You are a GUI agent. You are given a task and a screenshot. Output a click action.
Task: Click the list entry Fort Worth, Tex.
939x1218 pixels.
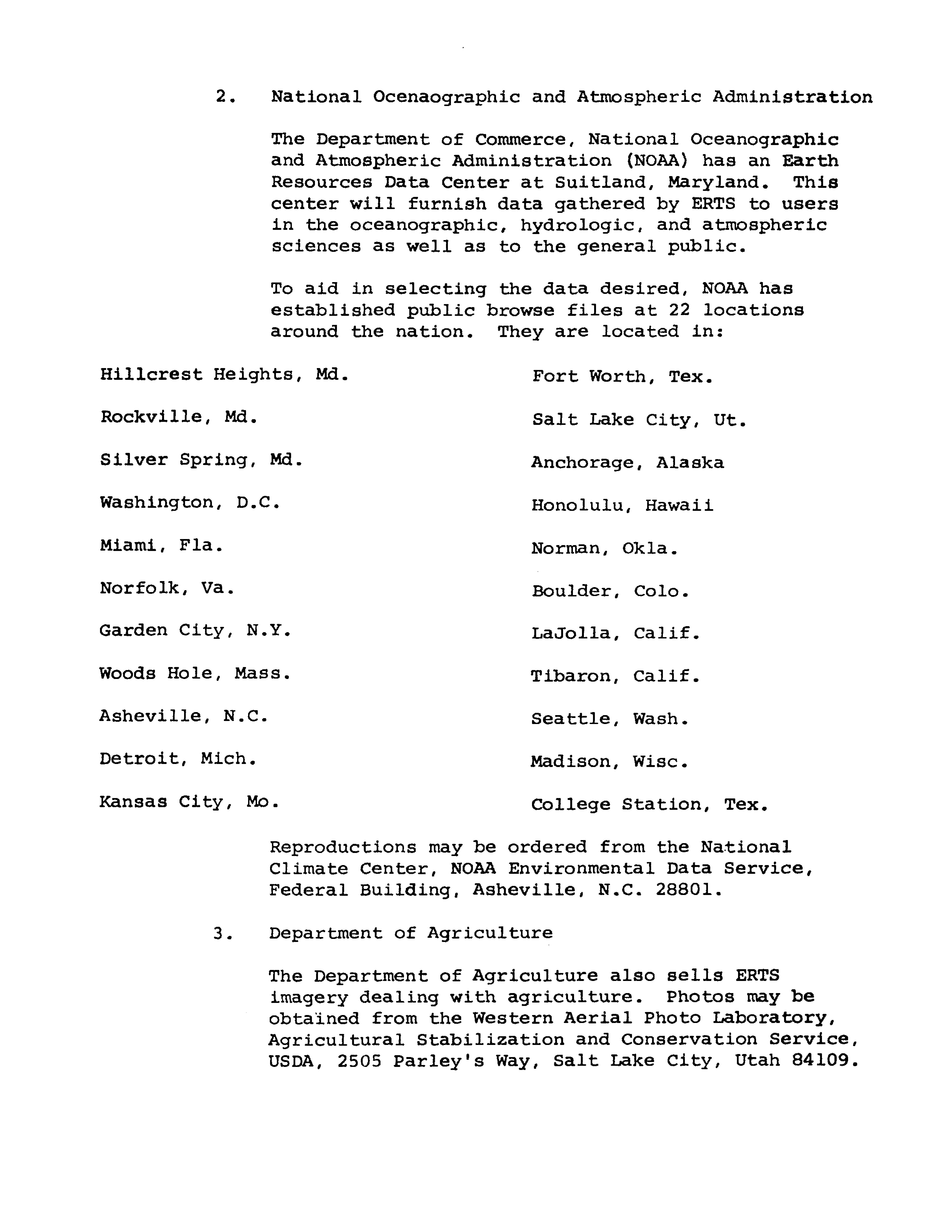pyautogui.click(x=622, y=377)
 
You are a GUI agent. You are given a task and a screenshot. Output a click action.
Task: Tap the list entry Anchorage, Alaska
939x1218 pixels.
pyautogui.click(x=627, y=463)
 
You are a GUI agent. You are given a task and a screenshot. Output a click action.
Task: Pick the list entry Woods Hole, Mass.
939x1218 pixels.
pyautogui.click(x=195, y=674)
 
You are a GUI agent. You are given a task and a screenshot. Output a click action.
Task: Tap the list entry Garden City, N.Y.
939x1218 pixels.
pyautogui.click(x=195, y=631)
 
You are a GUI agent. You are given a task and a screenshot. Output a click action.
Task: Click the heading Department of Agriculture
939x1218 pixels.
pyautogui.click(x=411, y=934)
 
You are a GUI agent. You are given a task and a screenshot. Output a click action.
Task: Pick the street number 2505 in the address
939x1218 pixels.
pyautogui.click(x=359, y=1061)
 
